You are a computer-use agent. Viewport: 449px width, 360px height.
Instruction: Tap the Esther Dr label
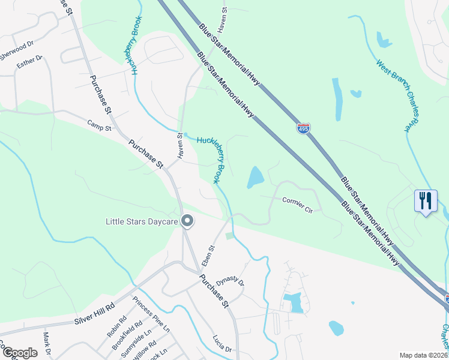pos(30,62)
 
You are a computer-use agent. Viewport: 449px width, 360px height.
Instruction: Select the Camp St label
pos(100,125)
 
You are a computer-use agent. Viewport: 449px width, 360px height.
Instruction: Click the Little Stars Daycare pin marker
pos(187,221)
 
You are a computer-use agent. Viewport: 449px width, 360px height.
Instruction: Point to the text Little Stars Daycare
pos(141,221)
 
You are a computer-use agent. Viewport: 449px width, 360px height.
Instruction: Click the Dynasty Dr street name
pos(234,280)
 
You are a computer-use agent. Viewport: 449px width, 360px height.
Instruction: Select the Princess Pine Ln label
pos(152,315)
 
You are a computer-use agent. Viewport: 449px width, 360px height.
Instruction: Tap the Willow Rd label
pos(145,349)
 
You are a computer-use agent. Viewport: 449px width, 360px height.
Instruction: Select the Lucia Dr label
pos(221,344)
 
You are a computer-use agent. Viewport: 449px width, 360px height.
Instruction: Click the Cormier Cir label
pos(298,206)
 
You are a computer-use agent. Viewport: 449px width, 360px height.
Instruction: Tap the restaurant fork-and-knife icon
pos(425,200)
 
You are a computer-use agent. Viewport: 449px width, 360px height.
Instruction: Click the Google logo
pos(19,353)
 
